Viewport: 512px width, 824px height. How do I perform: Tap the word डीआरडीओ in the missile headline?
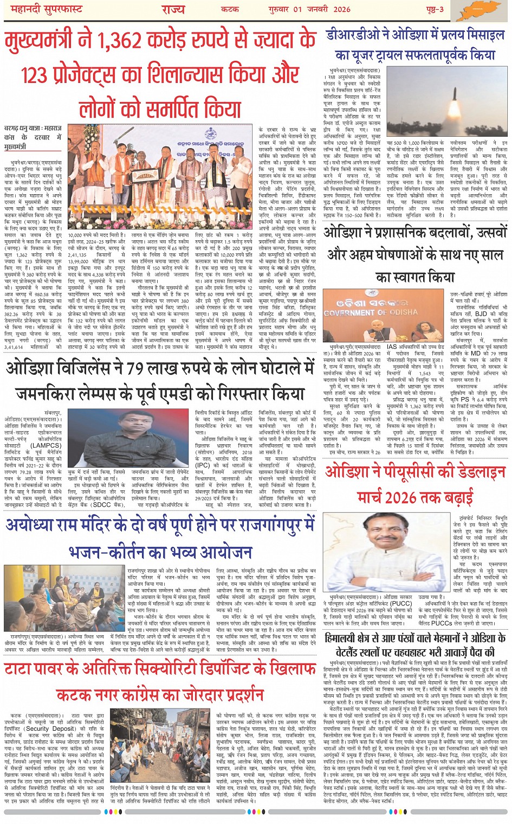pyautogui.click(x=355, y=35)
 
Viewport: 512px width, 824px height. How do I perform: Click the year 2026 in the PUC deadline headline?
pyautogui.click(x=400, y=496)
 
